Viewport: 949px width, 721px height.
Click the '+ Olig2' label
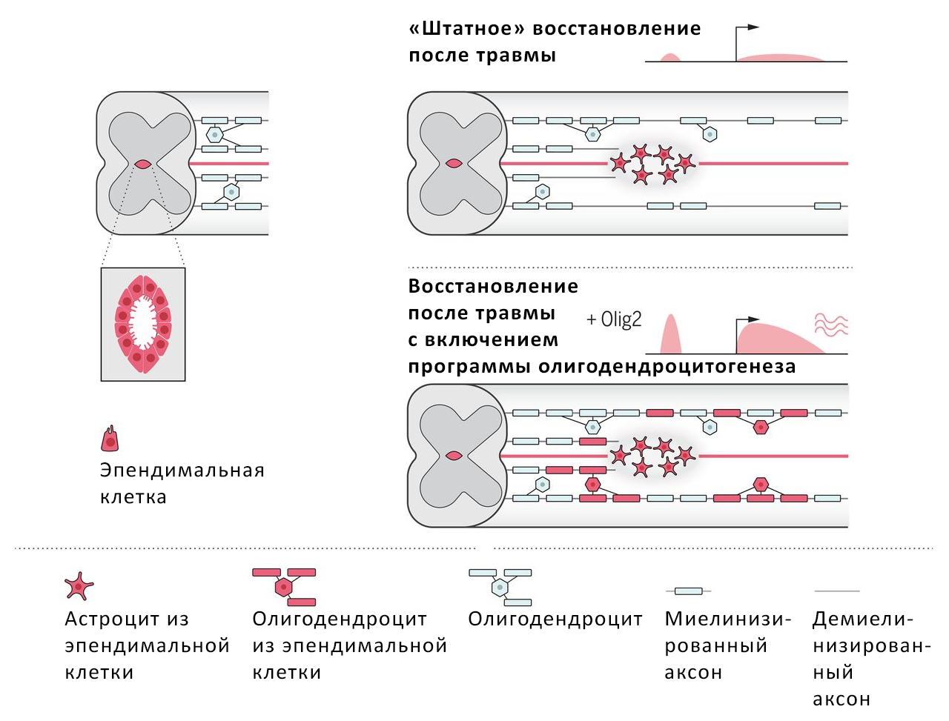pos(614,319)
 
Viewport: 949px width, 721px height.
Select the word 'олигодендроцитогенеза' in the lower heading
pos(667,367)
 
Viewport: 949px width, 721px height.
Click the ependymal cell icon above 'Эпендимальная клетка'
pos(110,439)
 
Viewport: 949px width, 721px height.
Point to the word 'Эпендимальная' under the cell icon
pos(182,471)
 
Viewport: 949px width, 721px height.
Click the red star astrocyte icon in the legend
pos(79,586)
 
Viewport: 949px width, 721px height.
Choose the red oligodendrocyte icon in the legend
pos(284,586)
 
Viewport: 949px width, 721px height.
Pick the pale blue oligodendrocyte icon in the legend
pos(500,586)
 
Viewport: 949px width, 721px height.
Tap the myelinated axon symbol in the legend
pos(689,591)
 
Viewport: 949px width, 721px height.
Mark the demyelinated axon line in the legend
pos(837,591)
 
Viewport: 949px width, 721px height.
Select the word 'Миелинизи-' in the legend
pos(728,619)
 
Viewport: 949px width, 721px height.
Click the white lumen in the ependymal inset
pos(143,324)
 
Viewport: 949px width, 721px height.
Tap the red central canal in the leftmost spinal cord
pos(143,164)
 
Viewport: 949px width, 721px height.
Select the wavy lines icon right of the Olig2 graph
pos(831,325)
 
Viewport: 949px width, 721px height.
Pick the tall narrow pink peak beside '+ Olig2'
pos(670,335)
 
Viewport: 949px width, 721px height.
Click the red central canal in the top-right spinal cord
pos(454,164)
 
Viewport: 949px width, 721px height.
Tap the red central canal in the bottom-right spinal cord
pos(454,456)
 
